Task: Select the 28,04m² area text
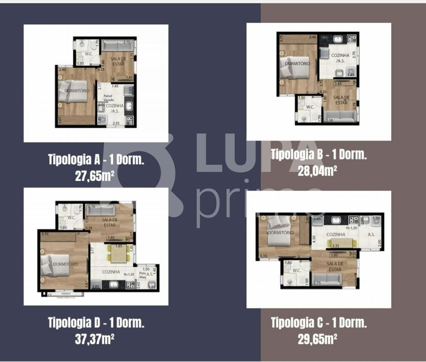pos(318,170)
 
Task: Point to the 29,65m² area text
pos(318,339)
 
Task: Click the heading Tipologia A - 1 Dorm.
pos(96,160)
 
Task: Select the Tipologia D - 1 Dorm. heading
pos(96,322)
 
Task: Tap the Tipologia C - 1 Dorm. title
pos(319,322)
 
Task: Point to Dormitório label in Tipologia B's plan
pos(298,63)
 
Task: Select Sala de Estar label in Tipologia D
pos(110,222)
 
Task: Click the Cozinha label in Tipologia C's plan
pos(336,235)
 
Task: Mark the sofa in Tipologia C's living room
pos(327,280)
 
